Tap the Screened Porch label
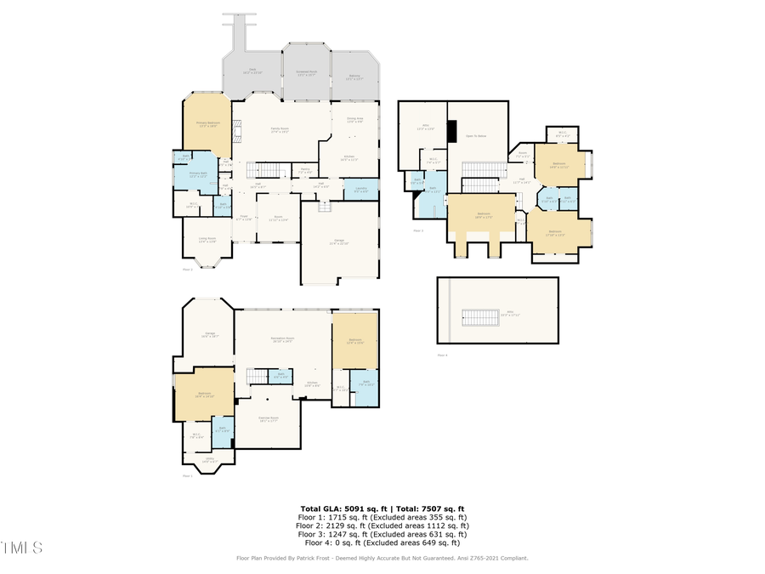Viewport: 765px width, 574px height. pos(306,75)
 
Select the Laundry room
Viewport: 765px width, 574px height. pos(360,190)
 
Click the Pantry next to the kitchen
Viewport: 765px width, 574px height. pos(304,170)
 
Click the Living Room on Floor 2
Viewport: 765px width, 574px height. pos(207,240)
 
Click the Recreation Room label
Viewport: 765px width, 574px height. pos(282,339)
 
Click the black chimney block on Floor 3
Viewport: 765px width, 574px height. pos(453,132)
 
